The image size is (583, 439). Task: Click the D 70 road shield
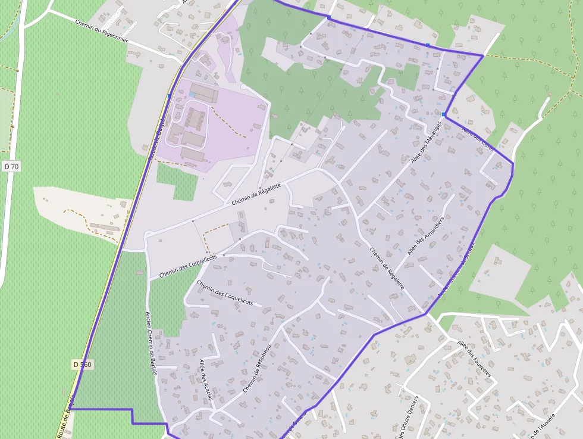11,167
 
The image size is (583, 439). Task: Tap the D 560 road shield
83,364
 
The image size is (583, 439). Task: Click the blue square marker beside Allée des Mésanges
444,114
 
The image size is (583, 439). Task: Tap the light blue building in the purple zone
192,95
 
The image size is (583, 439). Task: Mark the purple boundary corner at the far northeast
482,55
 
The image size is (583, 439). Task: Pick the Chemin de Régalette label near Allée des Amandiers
387,269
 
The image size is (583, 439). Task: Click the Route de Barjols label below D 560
66,417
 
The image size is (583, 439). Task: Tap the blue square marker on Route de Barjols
170,95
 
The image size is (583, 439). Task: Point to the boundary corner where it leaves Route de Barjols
72,409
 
